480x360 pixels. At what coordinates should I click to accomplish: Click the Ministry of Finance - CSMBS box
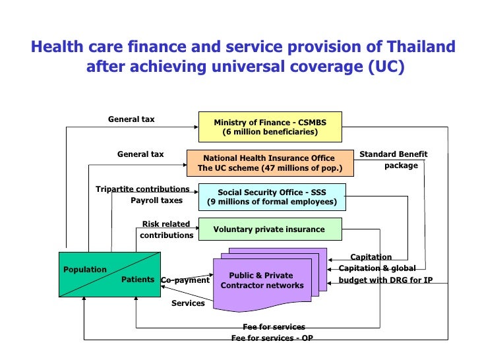pos(270,127)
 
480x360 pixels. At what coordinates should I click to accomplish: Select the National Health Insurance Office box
pos(270,163)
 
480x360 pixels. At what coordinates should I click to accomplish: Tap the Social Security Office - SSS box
pos(272,197)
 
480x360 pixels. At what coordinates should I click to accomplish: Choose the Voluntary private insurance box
pos(270,229)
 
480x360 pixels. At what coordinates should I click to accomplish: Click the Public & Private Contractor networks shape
pos(262,281)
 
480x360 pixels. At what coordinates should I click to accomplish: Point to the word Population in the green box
pos(85,270)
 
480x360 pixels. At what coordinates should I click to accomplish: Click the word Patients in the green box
pos(138,280)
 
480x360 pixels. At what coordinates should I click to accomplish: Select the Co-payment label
pos(185,280)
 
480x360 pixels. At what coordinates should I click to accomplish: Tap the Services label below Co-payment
pos(188,303)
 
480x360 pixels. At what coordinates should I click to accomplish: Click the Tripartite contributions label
pos(142,189)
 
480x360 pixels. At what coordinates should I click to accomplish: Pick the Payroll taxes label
pos(156,200)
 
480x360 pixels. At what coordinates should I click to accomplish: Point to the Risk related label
pos(166,224)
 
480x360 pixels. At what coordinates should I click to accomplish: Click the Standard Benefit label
pos(393,154)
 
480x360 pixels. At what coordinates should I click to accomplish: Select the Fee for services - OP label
pos(272,338)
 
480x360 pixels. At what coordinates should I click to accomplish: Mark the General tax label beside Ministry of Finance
pos(131,119)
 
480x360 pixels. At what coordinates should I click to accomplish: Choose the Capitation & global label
pos(377,268)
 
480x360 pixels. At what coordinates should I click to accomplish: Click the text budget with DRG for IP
pos(386,280)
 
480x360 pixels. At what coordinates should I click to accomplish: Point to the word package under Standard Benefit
pos(401,165)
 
